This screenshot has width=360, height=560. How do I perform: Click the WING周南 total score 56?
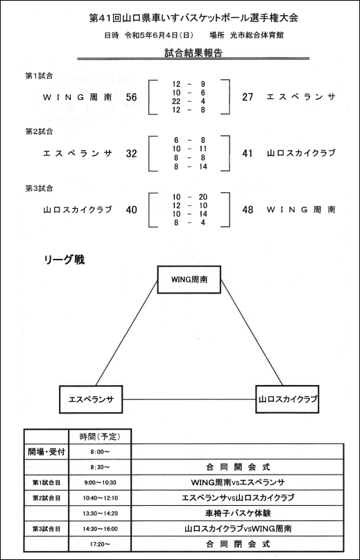131,97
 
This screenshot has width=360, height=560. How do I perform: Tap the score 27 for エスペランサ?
248,97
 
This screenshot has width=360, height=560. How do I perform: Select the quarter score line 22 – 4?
189,101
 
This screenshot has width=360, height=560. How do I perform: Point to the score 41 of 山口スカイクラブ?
248,153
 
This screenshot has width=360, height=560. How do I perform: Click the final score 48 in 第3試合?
248,210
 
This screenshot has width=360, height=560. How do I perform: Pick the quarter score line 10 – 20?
189,197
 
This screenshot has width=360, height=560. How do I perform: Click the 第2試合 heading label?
39,132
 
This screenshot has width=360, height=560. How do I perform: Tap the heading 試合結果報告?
194,53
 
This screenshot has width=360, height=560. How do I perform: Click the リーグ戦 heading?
65,260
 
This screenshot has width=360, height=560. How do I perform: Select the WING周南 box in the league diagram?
189,280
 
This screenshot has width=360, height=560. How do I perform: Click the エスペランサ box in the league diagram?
91,399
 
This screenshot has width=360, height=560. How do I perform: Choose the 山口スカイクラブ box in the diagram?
287,399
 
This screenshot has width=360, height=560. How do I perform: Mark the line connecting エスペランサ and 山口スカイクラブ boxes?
189,399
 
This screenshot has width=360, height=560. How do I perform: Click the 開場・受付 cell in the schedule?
46,452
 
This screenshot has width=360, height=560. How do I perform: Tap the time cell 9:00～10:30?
100,482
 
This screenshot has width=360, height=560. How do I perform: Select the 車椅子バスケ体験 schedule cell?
237,514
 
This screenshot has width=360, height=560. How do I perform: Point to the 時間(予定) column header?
100,436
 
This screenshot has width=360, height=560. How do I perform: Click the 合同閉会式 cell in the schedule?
237,544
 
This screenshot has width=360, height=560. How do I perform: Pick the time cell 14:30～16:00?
100,529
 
